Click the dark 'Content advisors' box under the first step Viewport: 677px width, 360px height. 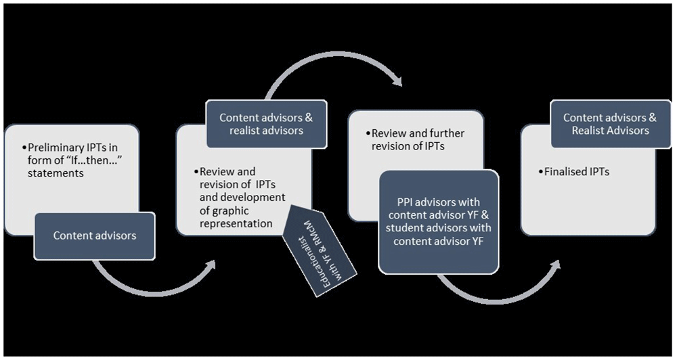95,235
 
